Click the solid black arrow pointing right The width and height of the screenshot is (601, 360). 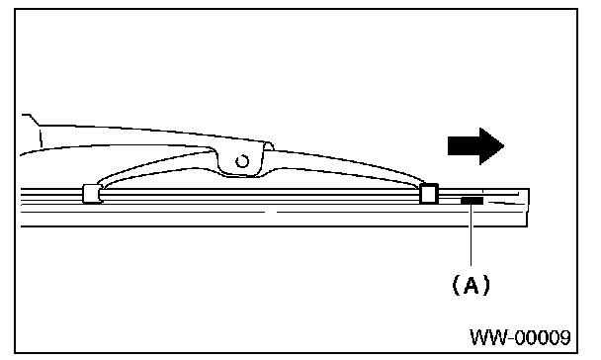475,146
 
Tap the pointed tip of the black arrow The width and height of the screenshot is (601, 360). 504,146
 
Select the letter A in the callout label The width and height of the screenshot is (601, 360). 472,285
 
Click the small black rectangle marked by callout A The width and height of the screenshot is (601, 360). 472,201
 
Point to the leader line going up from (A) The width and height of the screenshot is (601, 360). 472,234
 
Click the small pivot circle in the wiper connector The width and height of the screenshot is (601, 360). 242,161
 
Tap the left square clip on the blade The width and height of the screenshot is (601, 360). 92,194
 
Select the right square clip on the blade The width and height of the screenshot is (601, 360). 429,194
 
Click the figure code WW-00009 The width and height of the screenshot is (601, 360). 520,337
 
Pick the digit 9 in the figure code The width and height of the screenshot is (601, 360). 563,337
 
